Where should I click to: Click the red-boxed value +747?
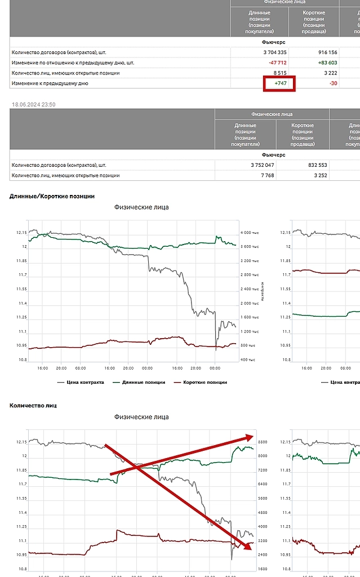pyautogui.click(x=280, y=83)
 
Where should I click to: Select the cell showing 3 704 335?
pyautogui.click(x=264, y=52)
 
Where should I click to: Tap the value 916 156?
pyautogui.click(x=324, y=52)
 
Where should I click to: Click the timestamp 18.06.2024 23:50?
pyautogui.click(x=34, y=105)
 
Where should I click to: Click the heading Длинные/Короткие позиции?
pyautogui.click(x=52, y=196)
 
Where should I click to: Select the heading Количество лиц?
pyautogui.click(x=33, y=405)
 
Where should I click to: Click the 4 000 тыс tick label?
pyautogui.click(x=250, y=233)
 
